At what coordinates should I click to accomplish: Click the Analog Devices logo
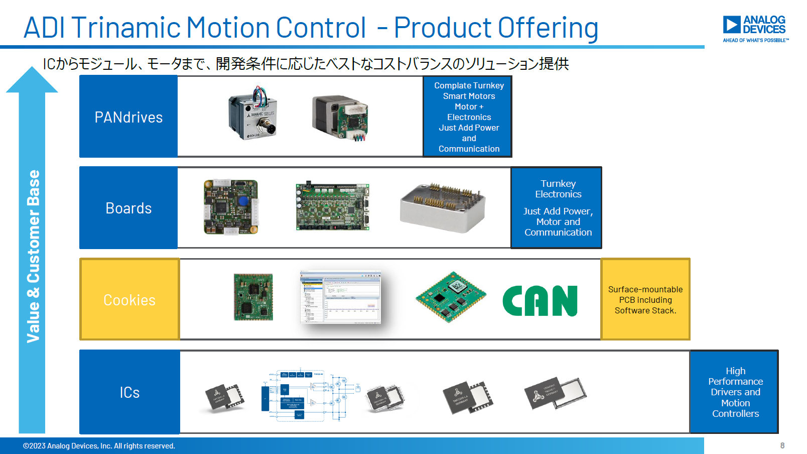tap(755, 28)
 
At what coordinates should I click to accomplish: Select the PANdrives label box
tap(128, 117)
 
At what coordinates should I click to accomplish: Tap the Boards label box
tap(128, 208)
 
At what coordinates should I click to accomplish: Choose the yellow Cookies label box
tap(129, 299)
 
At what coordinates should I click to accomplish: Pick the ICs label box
tap(129, 392)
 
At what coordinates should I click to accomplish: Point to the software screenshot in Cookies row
tap(340, 297)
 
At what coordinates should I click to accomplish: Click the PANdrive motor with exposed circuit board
tap(341, 118)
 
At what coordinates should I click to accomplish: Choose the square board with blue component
tap(231, 207)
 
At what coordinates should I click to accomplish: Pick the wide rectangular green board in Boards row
tap(332, 207)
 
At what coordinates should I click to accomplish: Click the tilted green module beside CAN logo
tap(450, 296)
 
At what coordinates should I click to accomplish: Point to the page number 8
tap(782, 445)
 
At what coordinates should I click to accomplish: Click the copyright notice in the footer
tap(99, 446)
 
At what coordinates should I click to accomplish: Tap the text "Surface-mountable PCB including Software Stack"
tap(645, 300)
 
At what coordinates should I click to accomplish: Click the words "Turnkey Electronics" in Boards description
tap(558, 189)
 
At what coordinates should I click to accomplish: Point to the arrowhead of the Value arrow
tap(32, 80)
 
